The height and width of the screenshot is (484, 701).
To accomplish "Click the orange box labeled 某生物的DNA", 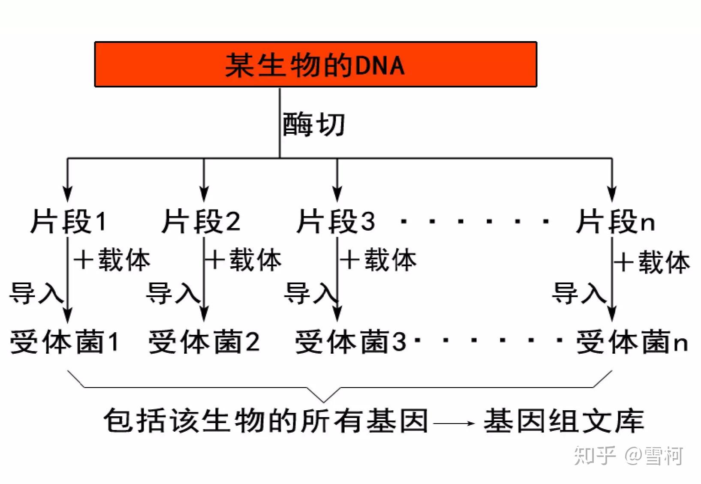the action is [316, 64].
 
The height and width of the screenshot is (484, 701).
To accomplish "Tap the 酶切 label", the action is [313, 124].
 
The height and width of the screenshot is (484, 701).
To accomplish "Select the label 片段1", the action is [68, 221].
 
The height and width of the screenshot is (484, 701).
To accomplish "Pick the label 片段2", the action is [201, 221].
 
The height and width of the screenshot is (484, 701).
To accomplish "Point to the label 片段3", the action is [335, 221].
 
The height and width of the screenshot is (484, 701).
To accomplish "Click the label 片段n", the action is [615, 221].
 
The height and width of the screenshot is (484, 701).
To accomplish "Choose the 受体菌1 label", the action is [64, 342].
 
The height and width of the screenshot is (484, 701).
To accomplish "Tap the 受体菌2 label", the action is [204, 342].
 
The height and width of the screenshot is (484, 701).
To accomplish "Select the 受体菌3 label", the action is [351, 342].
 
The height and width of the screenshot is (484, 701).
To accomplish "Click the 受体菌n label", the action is [632, 342].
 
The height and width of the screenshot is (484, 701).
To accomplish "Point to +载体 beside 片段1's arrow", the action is [112, 259].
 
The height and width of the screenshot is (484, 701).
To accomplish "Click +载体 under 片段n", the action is [652, 262].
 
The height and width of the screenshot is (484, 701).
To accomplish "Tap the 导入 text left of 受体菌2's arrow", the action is [173, 293].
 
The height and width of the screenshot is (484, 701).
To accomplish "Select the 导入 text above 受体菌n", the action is [579, 293].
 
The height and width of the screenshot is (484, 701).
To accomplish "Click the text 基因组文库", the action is [564, 421].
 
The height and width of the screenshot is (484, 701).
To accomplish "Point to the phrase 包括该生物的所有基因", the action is [266, 421].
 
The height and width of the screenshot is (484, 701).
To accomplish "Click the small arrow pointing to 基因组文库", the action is [454, 423].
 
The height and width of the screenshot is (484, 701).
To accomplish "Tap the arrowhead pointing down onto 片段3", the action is [337, 194].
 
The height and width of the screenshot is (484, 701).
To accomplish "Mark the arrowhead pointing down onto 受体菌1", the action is [68, 314].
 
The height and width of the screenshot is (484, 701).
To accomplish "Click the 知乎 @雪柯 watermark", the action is [629, 456].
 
